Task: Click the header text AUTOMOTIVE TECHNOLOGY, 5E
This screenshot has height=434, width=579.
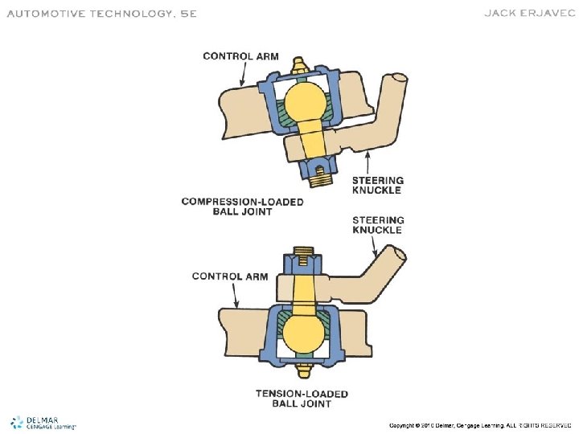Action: click(x=101, y=14)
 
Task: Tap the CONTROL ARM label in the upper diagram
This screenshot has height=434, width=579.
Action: click(x=240, y=56)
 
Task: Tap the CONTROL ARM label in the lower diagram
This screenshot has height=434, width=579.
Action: click(x=229, y=276)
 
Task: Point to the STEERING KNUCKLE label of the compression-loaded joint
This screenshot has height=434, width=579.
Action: click(x=378, y=185)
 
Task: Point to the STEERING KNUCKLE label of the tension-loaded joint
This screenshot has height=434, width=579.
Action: click(x=378, y=225)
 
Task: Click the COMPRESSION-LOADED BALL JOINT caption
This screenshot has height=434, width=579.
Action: click(x=242, y=207)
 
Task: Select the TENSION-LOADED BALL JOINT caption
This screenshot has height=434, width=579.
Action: click(x=302, y=399)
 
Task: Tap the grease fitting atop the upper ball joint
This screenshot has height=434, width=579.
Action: click(x=302, y=63)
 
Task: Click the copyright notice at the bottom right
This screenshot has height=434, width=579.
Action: click(x=479, y=424)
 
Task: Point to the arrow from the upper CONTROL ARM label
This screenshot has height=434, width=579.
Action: click(x=243, y=74)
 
